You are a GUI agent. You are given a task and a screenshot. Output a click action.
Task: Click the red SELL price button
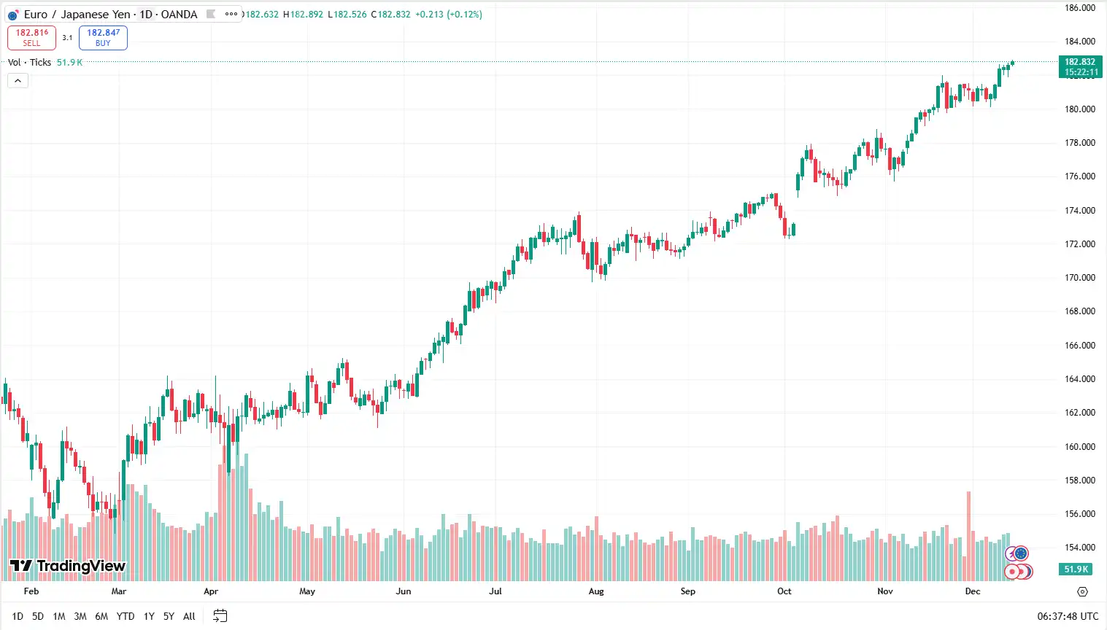[31, 37]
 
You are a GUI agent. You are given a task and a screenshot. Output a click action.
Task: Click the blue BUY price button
[103, 37]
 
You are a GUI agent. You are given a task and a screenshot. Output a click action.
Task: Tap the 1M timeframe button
[59, 616]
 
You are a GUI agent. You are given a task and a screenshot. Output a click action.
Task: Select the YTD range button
[126, 616]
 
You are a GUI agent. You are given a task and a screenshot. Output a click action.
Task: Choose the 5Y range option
[169, 616]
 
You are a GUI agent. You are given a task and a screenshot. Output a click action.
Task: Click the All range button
[189, 616]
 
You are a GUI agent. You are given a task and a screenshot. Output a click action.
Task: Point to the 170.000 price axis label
[1079, 278]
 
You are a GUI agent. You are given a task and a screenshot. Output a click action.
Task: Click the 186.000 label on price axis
[1079, 8]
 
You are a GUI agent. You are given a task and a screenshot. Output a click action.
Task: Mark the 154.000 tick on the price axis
[1079, 548]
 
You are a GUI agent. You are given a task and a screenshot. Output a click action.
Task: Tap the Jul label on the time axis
[495, 591]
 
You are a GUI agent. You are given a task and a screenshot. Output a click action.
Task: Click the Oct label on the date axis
[784, 591]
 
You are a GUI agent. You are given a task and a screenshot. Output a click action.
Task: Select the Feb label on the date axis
[31, 591]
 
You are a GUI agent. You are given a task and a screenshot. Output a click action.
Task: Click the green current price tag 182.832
[1080, 66]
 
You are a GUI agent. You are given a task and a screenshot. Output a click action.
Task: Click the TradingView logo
[68, 566]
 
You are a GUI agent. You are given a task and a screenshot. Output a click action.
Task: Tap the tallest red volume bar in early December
[968, 536]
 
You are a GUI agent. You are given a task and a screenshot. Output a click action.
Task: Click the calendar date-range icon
[220, 616]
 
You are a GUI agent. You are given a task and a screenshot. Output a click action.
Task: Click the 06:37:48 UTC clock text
[1068, 616]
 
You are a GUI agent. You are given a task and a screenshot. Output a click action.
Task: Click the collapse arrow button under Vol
[18, 81]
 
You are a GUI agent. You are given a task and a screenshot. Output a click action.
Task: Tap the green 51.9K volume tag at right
[1076, 569]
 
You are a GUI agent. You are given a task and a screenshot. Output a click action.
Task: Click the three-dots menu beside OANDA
[231, 14]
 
